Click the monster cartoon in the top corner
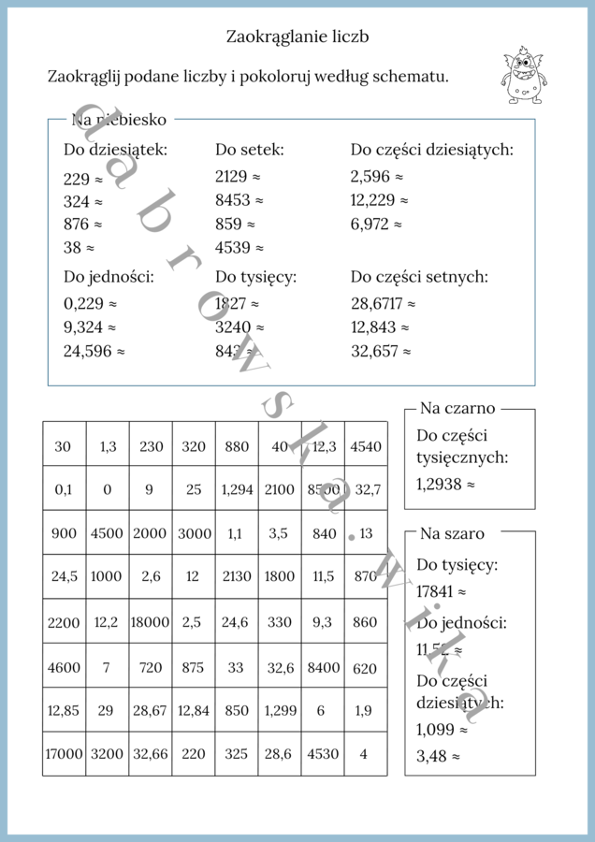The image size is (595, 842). (x=526, y=74)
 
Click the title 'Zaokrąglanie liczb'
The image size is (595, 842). (x=297, y=36)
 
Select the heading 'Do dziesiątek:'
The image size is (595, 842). (x=115, y=149)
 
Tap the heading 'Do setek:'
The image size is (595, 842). (x=249, y=149)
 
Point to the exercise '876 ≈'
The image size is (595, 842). (x=82, y=225)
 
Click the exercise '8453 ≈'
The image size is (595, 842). (x=239, y=200)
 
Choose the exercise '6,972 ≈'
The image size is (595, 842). (x=376, y=225)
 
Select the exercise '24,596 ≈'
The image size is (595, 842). (x=94, y=352)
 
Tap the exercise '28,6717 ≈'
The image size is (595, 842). (x=383, y=303)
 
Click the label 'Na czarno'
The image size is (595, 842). (x=457, y=408)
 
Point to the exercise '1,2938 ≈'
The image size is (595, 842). (x=445, y=485)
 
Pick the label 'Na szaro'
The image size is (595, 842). (x=452, y=533)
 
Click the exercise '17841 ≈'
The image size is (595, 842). (x=441, y=591)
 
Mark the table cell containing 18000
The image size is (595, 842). (x=150, y=621)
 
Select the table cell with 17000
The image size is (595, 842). (x=64, y=753)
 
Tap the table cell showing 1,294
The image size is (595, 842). (x=236, y=488)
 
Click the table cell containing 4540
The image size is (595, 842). (x=365, y=446)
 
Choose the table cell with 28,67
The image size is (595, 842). (x=150, y=710)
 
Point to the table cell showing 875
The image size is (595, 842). (x=193, y=666)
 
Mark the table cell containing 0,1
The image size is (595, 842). (x=64, y=488)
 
